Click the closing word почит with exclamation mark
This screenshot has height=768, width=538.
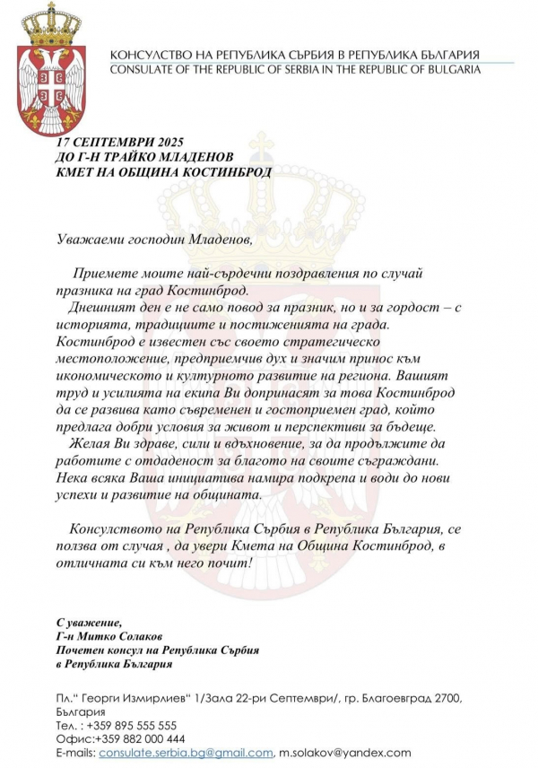[232, 563]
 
